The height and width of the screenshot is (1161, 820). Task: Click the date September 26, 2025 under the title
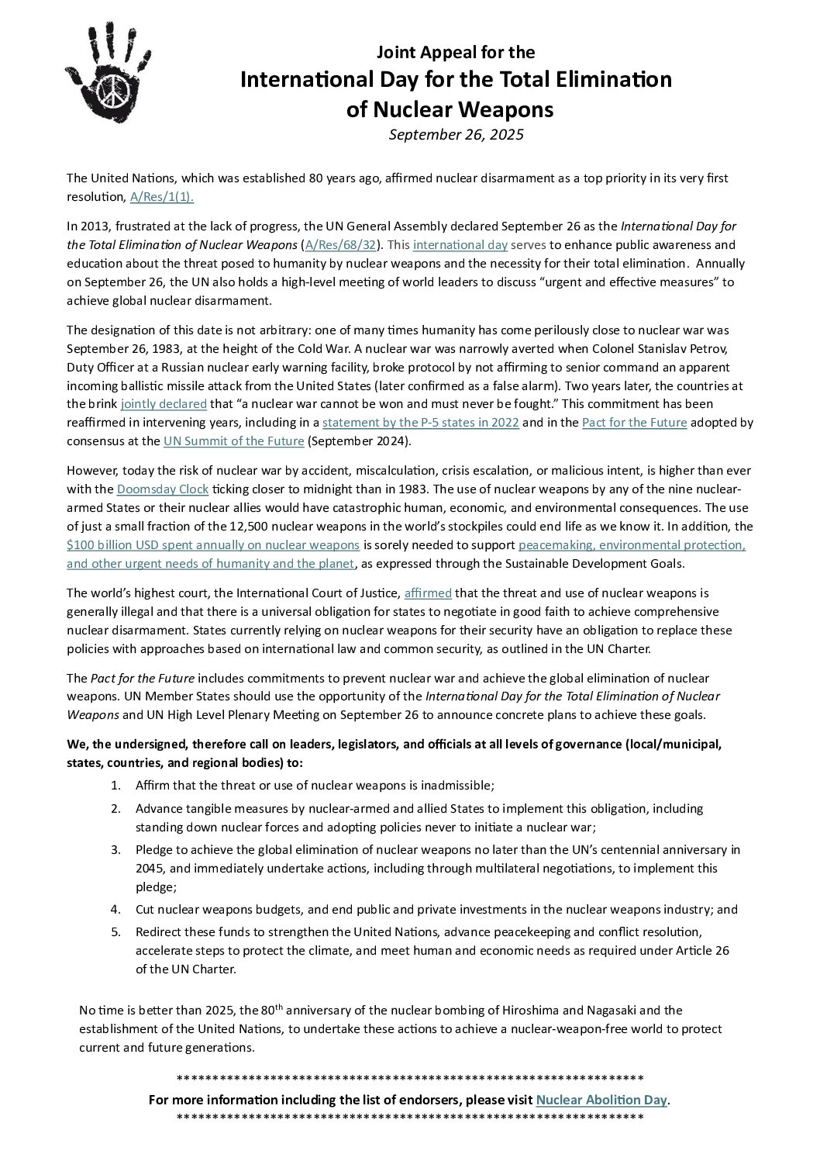click(457, 134)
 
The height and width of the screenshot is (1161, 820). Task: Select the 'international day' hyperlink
click(460, 245)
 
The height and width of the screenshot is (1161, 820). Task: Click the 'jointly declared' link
click(164, 404)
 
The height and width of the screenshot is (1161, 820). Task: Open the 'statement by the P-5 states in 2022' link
click(421, 423)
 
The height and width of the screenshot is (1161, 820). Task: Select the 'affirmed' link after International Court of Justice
click(428, 593)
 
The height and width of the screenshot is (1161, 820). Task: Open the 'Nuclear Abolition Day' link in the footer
click(601, 1100)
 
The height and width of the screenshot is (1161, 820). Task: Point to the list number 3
click(115, 850)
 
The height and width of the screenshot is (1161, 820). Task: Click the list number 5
click(115, 931)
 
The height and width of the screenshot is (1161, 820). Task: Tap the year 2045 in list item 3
click(151, 869)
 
